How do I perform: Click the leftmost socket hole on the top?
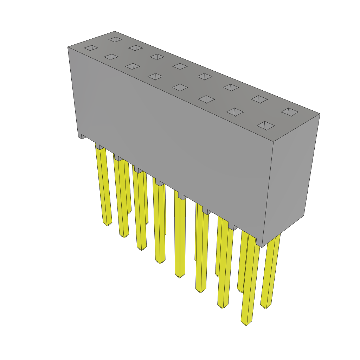pos(91,48)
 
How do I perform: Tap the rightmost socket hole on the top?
pos(290,112)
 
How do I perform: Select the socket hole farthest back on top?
pos(115,39)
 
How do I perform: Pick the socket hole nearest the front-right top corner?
pos(265,126)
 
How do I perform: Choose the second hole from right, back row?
pos(259,99)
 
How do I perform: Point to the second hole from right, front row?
pos(235,112)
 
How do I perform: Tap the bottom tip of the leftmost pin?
pos(107,223)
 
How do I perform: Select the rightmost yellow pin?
pos(271,271)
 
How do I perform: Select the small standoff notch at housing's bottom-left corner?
pos(82,136)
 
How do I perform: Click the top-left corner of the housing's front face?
pos(68,47)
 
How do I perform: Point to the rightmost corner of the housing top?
pos(320,114)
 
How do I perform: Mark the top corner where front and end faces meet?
pos(273,142)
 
